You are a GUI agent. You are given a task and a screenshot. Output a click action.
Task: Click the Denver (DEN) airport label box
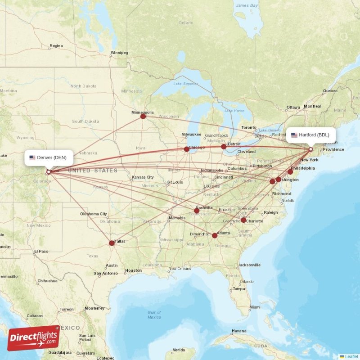click(49, 157)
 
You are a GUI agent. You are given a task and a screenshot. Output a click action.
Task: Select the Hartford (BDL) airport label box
click(310, 135)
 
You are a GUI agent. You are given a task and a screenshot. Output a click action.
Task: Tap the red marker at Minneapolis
click(143, 116)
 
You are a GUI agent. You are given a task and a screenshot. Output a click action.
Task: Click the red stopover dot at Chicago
click(187, 149)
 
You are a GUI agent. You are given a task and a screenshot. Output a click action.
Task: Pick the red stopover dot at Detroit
click(224, 146)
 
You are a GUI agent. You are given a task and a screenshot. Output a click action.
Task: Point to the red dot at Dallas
click(112, 243)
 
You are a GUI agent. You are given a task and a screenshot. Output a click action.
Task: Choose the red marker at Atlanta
click(215, 235)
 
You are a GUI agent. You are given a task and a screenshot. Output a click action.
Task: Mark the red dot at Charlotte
click(243, 220)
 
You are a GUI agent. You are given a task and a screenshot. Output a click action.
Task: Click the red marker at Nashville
click(197, 211)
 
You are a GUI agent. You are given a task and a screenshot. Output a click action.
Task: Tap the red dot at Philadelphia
click(290, 172)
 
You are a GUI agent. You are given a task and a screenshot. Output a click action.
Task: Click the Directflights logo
click(34, 338)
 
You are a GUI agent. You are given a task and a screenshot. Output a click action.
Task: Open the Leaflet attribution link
click(351, 356)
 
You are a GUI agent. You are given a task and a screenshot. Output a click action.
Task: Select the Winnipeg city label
click(119, 53)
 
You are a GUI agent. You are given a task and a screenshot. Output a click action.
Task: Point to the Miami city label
click(255, 307)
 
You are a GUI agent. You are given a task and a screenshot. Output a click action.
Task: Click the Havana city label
click(238, 331)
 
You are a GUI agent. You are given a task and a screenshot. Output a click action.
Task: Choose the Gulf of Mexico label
click(154, 315)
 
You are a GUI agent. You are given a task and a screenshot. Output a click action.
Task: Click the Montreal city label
click(312, 107)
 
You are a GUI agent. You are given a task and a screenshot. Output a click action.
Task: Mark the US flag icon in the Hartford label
click(294, 135)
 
